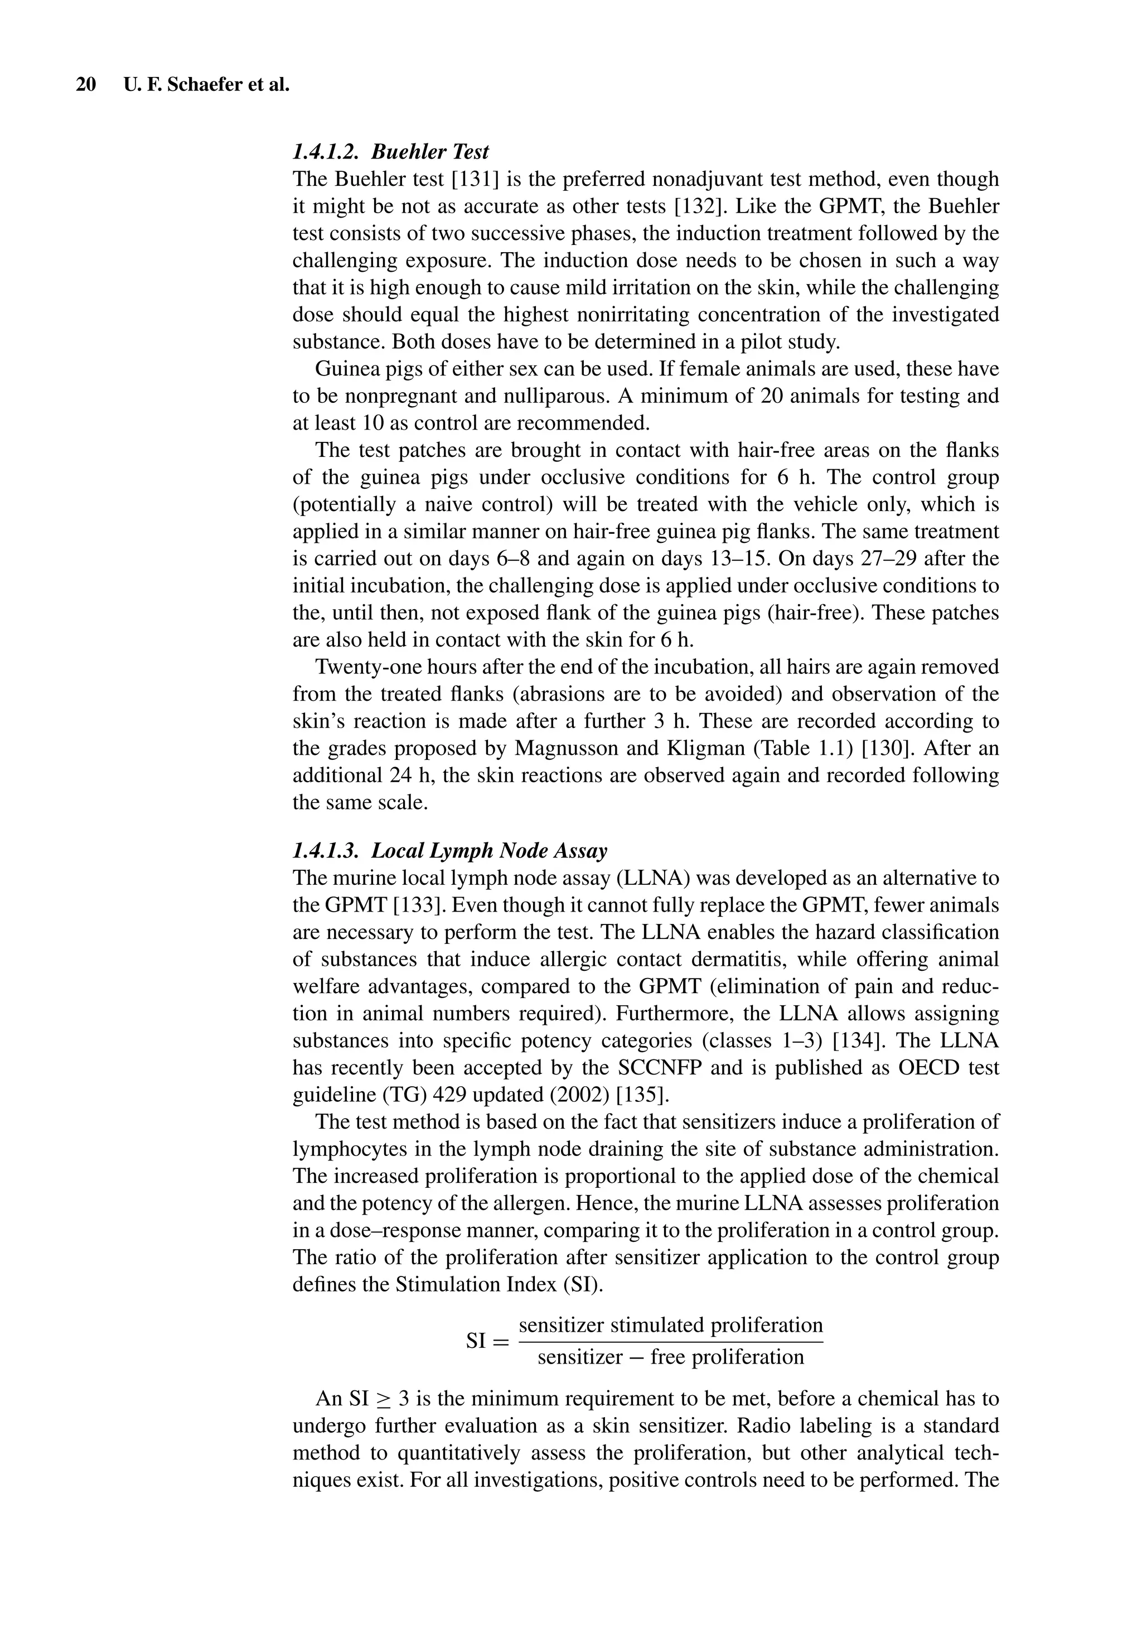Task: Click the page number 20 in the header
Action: coord(86,85)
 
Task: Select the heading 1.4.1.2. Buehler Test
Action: coord(390,152)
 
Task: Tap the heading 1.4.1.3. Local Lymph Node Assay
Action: coord(450,851)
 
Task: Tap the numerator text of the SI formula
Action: coord(671,1325)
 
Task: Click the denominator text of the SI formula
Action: coord(671,1357)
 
